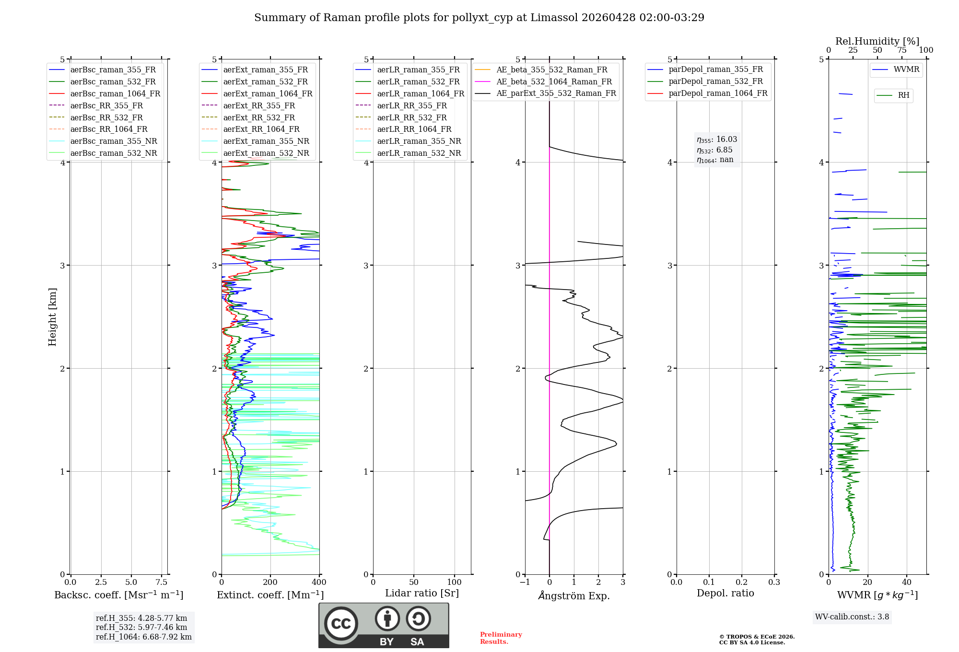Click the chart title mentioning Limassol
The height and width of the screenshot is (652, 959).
coord(479,18)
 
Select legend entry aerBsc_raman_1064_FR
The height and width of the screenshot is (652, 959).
coord(115,93)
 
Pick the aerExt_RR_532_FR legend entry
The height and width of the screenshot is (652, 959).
coord(259,117)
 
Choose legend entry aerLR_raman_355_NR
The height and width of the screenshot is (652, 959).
coord(419,141)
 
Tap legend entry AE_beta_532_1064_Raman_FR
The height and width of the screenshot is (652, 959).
coord(554,81)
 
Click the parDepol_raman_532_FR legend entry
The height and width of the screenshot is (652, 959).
coord(715,81)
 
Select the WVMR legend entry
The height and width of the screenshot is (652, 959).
coord(906,70)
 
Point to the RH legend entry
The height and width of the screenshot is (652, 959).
coord(903,95)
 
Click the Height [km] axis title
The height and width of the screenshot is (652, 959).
coord(52,317)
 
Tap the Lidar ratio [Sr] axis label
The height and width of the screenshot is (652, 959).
coord(422,593)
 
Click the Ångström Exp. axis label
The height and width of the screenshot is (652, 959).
coord(574,596)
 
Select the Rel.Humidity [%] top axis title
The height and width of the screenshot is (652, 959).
coord(877,41)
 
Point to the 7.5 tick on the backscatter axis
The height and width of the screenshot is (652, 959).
coord(162,582)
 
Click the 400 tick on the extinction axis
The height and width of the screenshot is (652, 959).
coord(319,582)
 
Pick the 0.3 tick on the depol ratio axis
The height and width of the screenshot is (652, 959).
coord(774,582)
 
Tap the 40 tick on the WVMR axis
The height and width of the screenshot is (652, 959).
coord(907,582)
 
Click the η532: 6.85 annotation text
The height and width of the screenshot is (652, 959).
coord(714,150)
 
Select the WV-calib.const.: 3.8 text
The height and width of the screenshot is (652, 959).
coord(852,617)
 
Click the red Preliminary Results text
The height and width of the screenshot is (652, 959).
coord(501,638)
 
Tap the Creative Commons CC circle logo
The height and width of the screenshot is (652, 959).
coord(341,623)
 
